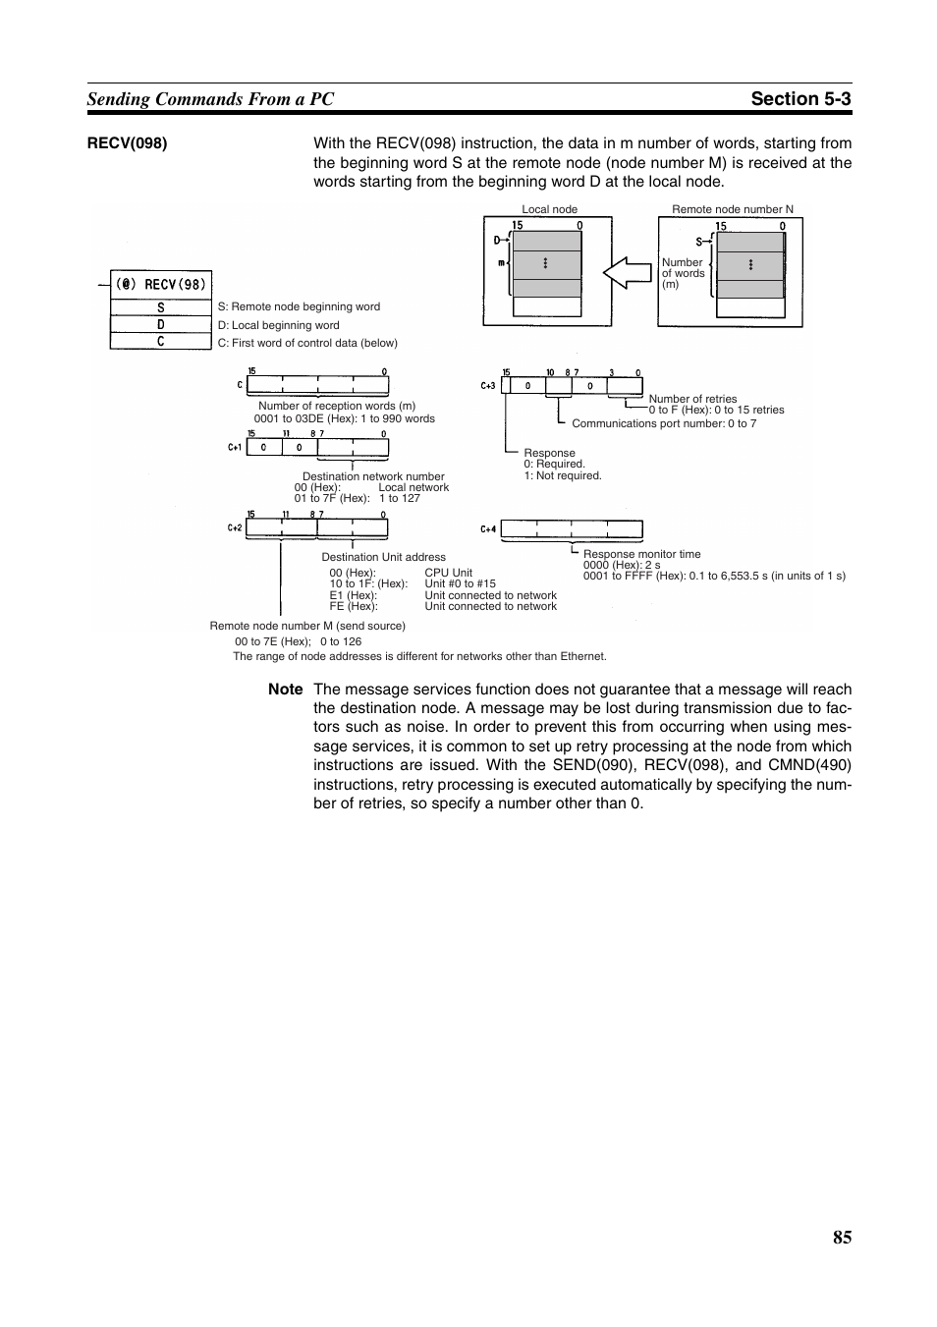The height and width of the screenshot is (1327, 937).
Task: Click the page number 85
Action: (x=842, y=1238)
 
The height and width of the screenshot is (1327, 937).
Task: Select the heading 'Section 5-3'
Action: (x=801, y=99)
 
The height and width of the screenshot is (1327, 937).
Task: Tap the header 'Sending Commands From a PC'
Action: (x=210, y=99)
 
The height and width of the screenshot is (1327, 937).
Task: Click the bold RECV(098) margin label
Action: (x=127, y=143)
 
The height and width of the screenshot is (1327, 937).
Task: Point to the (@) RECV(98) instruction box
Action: (x=161, y=284)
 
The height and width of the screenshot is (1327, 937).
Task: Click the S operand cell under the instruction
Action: (x=161, y=307)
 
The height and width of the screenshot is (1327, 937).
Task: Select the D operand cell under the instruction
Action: (x=161, y=324)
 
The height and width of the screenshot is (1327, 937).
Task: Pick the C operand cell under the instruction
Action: (x=161, y=342)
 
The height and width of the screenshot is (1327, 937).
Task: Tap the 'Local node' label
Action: (x=549, y=209)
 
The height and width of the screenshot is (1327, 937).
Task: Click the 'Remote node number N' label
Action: (x=732, y=209)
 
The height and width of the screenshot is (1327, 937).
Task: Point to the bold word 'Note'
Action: (x=285, y=690)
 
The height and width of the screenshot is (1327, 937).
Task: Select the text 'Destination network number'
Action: (x=373, y=476)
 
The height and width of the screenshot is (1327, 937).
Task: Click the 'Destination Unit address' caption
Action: (x=383, y=557)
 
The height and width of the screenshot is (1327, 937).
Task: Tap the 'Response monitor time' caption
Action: (x=641, y=554)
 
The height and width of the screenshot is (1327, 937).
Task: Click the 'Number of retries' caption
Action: (x=692, y=399)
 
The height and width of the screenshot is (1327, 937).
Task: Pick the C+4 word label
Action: (x=488, y=529)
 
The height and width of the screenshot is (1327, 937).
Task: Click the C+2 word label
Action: (x=235, y=528)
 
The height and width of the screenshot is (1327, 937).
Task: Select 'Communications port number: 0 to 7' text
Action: (x=664, y=423)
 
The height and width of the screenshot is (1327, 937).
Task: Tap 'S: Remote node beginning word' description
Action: (x=299, y=306)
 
